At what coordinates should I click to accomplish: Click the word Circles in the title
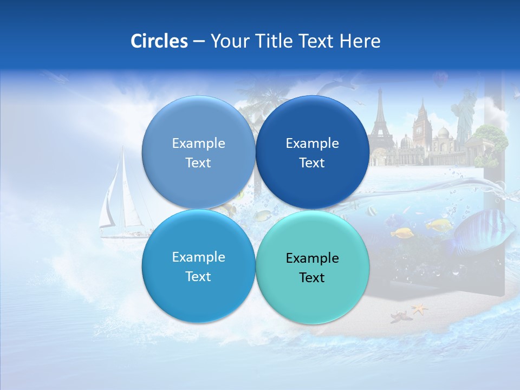tap(159, 41)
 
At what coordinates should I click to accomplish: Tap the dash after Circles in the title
tap(199, 42)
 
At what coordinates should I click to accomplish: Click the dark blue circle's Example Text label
tap(312, 153)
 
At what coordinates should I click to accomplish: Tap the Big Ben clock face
tap(419, 130)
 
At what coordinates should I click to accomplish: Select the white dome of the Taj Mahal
tap(443, 133)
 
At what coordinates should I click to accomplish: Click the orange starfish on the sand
tap(419, 309)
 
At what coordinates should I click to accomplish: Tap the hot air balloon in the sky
tap(440, 80)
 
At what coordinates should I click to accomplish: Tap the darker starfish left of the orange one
tap(399, 316)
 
